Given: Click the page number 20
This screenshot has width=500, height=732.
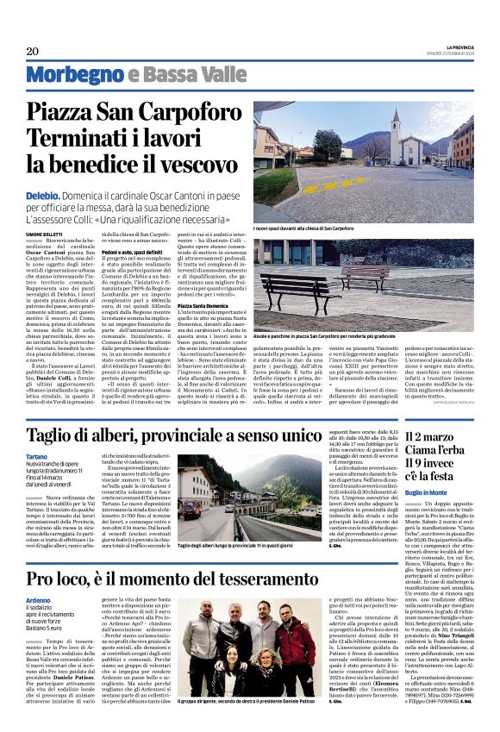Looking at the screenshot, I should (x=34, y=51).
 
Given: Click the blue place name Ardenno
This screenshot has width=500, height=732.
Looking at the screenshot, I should (x=39, y=601).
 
